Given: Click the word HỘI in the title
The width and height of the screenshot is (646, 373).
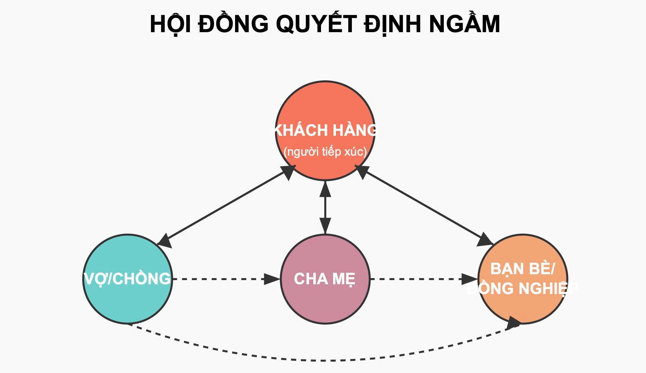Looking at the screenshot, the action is [170, 24].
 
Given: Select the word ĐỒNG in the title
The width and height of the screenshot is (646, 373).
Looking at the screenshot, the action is [233, 24].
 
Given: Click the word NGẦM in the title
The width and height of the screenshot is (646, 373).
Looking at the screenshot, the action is [465, 24].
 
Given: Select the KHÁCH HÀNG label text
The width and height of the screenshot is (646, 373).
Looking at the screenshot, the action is [325, 130].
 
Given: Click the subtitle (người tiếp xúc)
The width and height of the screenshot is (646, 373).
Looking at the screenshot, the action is [325, 152].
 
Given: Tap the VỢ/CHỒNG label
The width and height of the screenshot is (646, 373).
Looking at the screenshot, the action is [127, 279].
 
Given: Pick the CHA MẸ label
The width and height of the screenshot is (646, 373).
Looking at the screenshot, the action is [325, 279].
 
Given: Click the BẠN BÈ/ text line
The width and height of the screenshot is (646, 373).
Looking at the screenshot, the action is [523, 269].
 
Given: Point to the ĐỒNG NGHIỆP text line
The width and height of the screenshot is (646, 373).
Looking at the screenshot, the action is [523, 289].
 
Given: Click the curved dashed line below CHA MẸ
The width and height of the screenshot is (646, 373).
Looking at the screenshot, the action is [325, 360].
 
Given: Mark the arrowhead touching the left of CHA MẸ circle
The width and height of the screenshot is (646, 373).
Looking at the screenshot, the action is [272, 279].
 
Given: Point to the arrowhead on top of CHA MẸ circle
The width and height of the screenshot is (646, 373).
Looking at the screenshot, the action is [325, 225].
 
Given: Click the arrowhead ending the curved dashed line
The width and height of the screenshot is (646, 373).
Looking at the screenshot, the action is [514, 323].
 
